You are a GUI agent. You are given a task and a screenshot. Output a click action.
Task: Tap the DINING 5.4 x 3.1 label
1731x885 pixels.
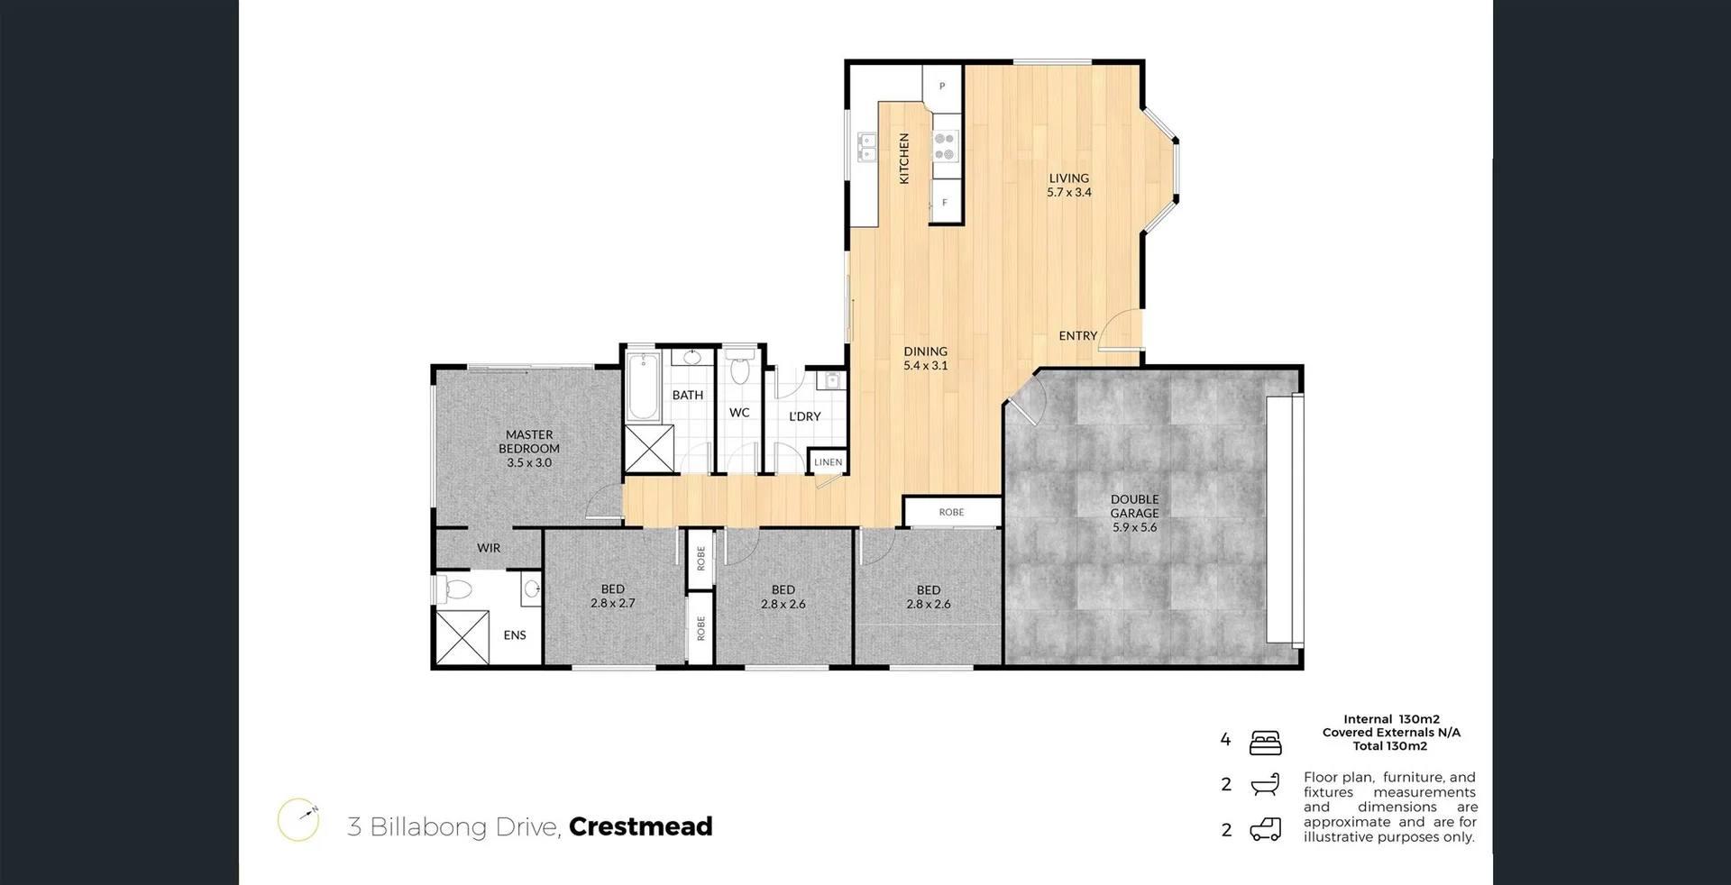click(x=925, y=359)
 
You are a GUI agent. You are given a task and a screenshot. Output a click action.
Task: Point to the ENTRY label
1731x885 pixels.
click(x=1077, y=336)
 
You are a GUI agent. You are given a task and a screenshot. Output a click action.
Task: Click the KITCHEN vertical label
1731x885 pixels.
click(x=904, y=159)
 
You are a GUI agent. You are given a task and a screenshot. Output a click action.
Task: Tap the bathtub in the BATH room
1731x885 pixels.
click(x=644, y=388)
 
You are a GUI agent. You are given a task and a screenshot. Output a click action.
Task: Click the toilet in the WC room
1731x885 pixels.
click(x=740, y=370)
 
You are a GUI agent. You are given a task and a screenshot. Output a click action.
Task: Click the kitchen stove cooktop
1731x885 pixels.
click(x=944, y=147)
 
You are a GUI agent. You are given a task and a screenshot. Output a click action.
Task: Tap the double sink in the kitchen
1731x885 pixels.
click(x=866, y=147)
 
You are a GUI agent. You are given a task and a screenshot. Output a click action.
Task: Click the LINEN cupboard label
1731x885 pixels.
click(x=828, y=462)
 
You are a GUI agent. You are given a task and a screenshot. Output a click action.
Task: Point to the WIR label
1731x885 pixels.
click(x=489, y=548)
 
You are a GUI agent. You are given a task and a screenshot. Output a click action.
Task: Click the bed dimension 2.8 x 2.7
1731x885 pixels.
click(x=613, y=603)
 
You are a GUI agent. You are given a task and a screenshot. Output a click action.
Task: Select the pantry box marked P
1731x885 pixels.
click(x=942, y=87)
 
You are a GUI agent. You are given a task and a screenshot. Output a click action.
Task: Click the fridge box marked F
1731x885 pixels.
click(x=945, y=203)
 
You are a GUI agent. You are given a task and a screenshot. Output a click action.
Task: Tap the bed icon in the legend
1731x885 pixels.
click(x=1265, y=743)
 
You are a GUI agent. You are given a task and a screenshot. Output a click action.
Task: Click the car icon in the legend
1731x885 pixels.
click(x=1265, y=829)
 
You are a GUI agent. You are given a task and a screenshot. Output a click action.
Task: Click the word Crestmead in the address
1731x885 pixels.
click(x=640, y=826)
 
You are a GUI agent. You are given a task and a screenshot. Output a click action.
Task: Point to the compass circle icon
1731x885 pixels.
click(x=298, y=820)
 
